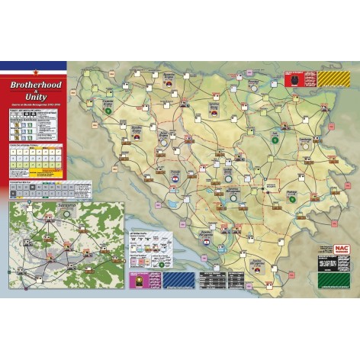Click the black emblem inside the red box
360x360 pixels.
(x=292, y=77)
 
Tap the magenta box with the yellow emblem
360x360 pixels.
(x=138, y=279)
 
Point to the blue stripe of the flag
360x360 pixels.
(x=33, y=63)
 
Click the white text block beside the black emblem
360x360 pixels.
(x=307, y=77)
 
